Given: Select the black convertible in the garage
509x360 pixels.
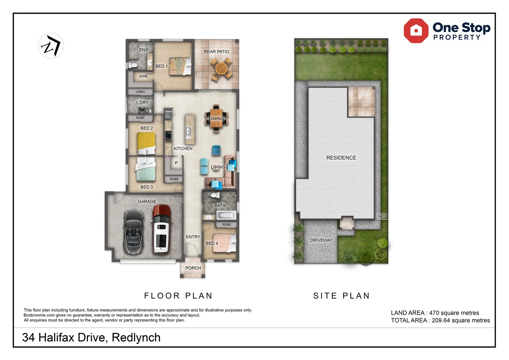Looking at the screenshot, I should click(134, 231).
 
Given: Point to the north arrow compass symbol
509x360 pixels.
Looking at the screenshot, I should click(51, 46).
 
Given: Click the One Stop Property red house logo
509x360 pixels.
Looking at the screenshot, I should click(416, 31).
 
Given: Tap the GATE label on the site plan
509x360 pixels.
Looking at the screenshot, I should click(382, 216).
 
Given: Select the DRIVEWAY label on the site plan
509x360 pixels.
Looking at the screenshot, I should click(321, 240).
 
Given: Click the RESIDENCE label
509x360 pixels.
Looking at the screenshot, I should click(341, 158).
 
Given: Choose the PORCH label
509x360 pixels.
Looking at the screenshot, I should click(193, 268).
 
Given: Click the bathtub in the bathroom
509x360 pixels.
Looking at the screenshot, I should click(226, 215).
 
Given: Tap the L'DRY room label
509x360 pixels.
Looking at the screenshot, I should click(142, 103).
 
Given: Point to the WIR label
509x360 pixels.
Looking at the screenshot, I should click(143, 76).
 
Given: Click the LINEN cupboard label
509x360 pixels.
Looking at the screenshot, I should click(140, 92).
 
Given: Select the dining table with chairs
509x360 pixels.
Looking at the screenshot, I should click(216, 119).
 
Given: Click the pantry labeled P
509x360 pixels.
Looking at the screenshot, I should click(176, 163).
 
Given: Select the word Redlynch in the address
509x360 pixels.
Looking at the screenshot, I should click(136, 337).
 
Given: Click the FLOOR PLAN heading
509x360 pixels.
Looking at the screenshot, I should click(178, 296).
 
